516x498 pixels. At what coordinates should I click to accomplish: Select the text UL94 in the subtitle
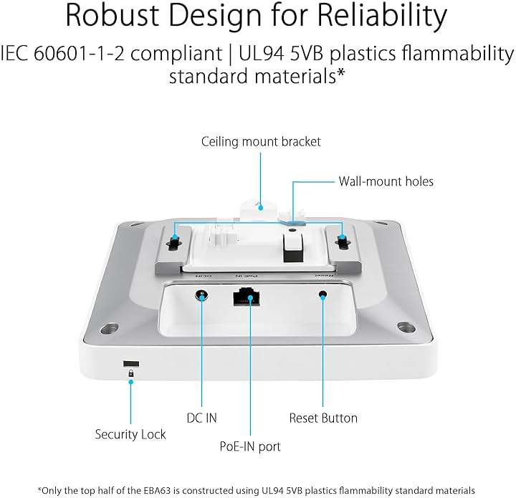click(261, 54)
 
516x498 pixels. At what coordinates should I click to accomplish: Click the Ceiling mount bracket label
click(261, 142)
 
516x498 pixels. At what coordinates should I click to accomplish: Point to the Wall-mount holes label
click(386, 181)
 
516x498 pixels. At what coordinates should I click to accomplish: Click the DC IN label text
click(201, 418)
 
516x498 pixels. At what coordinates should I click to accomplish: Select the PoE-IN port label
click(250, 446)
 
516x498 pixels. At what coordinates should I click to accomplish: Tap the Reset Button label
click(323, 418)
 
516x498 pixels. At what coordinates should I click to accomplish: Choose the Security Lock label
click(130, 434)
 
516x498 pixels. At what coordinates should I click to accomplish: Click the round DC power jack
click(201, 295)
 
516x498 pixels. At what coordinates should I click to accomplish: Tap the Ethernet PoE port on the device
click(247, 297)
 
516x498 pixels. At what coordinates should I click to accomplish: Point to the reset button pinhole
click(323, 294)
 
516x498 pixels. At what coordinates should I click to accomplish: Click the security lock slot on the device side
click(131, 363)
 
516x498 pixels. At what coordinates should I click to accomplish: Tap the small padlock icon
click(131, 373)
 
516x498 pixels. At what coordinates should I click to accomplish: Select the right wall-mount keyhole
click(341, 241)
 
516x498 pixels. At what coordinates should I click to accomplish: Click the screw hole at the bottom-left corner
click(110, 328)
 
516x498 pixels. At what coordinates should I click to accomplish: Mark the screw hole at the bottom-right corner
click(406, 327)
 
